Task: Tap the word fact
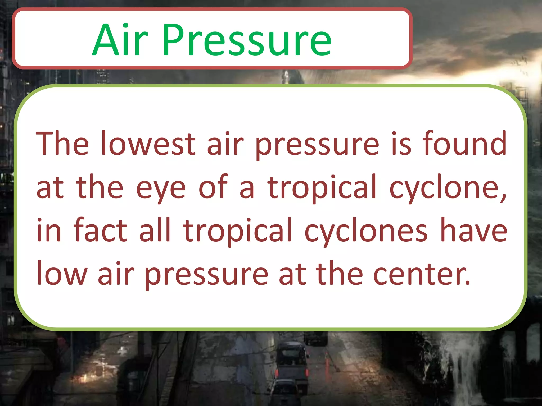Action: (101, 230)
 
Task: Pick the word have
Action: (474, 230)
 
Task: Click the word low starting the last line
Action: (62, 273)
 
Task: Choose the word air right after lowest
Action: (225, 144)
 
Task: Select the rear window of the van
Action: (291, 357)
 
